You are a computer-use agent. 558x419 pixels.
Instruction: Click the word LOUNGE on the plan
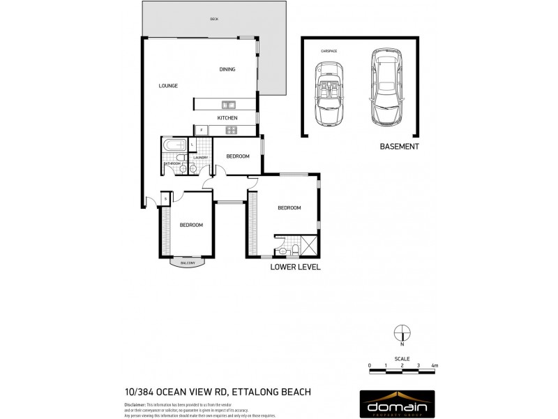coord(168,86)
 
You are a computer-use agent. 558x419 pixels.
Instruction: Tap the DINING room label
coord(227,69)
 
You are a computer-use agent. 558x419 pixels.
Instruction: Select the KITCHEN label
coord(227,118)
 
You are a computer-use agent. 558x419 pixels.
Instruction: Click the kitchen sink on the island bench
coord(227,105)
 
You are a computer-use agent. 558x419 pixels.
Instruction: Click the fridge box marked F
coord(201,129)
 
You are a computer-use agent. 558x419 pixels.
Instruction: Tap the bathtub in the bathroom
coord(174,146)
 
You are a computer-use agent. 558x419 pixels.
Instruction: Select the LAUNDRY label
coord(201,158)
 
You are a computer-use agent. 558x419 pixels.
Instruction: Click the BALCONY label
coord(187,263)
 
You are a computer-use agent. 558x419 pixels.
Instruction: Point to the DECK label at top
coord(214,20)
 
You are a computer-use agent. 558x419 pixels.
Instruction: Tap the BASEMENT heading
coord(399,147)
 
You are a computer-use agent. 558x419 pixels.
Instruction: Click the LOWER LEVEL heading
coord(295,267)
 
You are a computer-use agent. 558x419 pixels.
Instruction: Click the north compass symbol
coord(402,333)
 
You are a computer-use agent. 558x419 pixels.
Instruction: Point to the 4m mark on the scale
coord(435,365)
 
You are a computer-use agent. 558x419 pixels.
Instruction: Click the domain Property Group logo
coord(397,404)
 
